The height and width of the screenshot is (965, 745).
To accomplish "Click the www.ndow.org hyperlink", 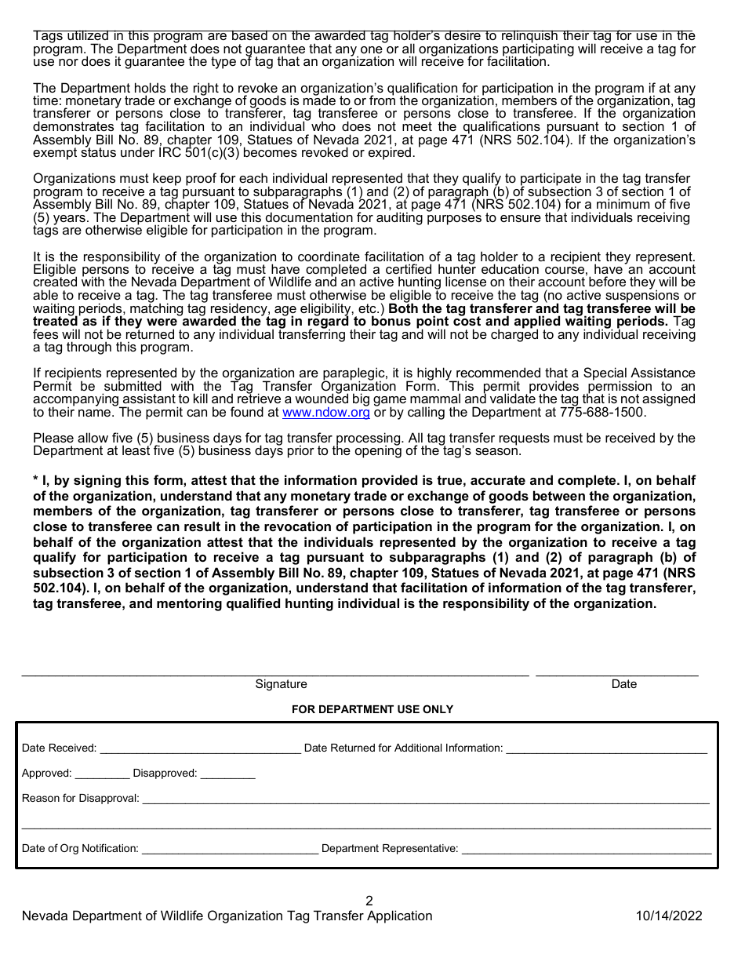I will [x=325, y=412].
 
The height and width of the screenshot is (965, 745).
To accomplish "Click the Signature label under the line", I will [x=281, y=684].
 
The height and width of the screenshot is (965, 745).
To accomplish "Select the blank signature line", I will [x=274, y=673].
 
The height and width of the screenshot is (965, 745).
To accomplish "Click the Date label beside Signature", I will [x=623, y=684].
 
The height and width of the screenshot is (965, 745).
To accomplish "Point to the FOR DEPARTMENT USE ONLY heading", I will [x=372, y=709].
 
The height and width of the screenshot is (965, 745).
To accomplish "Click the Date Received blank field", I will [x=200, y=749].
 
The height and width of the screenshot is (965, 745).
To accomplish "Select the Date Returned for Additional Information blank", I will [x=606, y=749].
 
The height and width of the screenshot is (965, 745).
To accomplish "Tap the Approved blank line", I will [x=102, y=774].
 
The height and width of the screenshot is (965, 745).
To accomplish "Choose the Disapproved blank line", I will [x=227, y=774].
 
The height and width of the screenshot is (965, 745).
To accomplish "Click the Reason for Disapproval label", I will [x=80, y=799].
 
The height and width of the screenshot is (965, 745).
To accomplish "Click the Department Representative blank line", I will [x=586, y=850].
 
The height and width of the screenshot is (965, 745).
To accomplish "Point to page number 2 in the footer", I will [x=369, y=901].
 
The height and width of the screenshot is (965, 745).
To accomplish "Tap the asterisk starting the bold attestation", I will [x=36, y=480].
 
